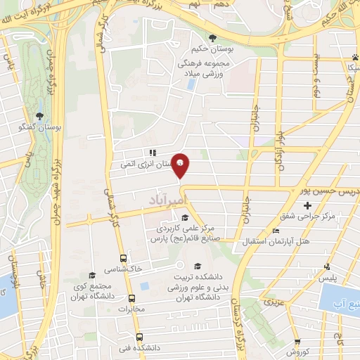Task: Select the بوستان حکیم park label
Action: pos(212,50)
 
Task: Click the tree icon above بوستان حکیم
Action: pos(213,39)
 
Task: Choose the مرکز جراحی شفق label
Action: pos(307,217)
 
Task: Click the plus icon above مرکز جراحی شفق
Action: pos(307,205)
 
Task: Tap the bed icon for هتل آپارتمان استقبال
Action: pos(276,231)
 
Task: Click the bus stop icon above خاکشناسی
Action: pos(124,258)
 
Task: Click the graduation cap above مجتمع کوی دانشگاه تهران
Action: pos(91,276)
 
